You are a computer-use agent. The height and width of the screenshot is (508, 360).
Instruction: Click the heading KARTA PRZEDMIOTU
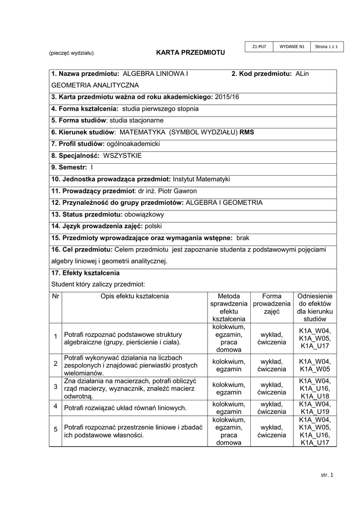coord(191,52)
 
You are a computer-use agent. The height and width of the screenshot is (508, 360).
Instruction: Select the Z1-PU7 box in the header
coord(259,47)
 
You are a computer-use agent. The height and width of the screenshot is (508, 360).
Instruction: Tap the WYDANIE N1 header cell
coord(292,47)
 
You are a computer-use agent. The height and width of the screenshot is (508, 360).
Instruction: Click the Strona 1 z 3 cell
coord(326,47)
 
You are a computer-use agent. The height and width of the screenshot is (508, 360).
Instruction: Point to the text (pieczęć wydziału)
coord(71,53)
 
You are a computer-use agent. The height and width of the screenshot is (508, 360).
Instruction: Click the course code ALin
coord(302,74)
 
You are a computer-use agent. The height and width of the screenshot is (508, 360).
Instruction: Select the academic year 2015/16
coord(227,97)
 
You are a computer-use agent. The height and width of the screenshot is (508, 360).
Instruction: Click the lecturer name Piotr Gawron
coord(177,191)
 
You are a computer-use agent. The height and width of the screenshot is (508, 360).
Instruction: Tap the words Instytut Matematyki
coord(201,179)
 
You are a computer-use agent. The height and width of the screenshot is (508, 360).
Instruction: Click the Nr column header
coord(55,296)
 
